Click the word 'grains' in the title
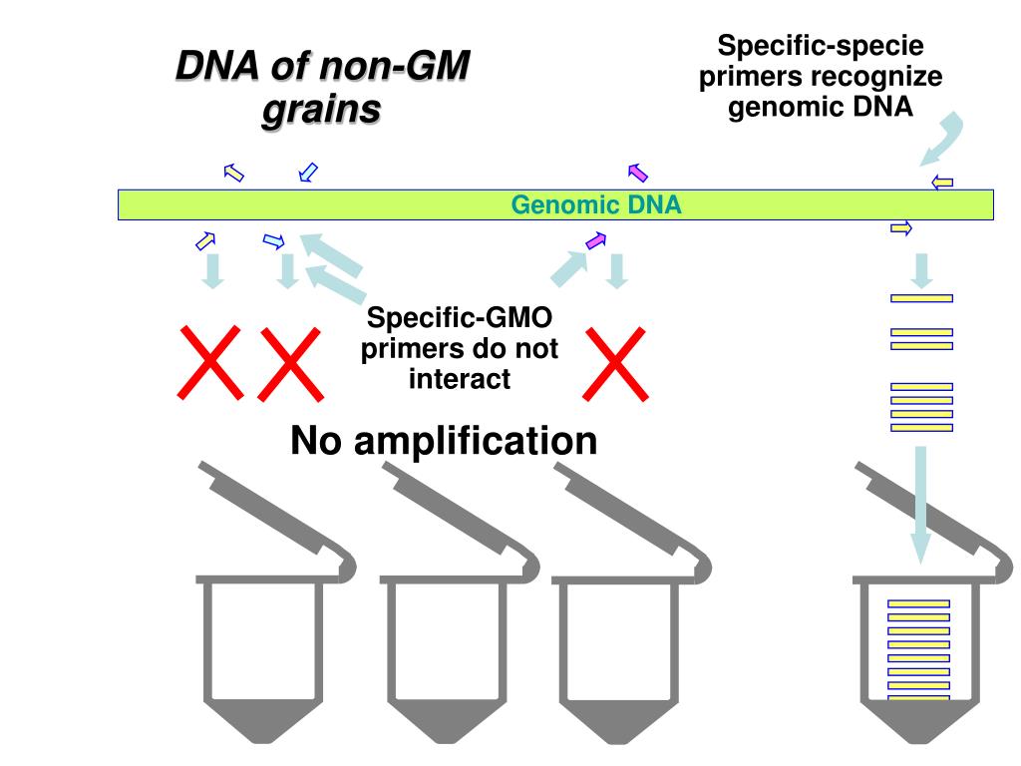[321, 109]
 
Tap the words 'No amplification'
[444, 440]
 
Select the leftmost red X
[210, 360]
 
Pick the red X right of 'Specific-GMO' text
[613, 362]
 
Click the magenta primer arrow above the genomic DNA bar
[638, 173]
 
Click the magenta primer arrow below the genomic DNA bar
[595, 240]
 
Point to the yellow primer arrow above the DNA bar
[941, 182]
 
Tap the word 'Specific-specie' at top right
[821, 46]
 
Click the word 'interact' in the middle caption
[460, 379]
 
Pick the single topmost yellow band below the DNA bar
[920, 297]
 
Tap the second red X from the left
[290, 360]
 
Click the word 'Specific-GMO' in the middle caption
[460, 320]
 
